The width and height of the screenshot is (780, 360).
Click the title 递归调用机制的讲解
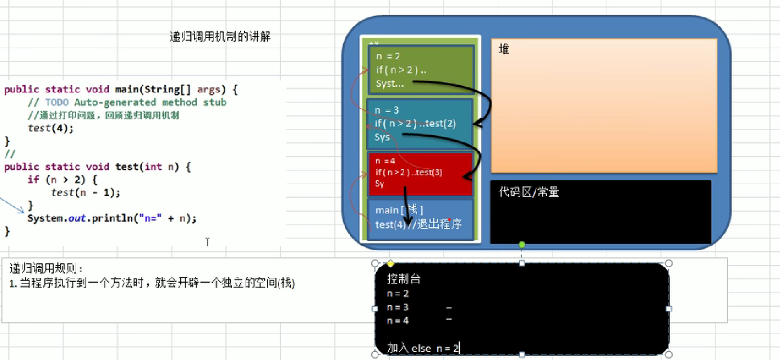tap(220, 36)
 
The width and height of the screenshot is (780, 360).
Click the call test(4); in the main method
tap(51, 128)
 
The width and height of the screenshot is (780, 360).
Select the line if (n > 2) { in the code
tap(62, 180)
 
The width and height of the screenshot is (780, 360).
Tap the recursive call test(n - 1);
tap(85, 193)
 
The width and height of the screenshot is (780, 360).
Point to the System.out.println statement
tap(112, 219)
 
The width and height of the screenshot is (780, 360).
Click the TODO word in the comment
tap(57, 103)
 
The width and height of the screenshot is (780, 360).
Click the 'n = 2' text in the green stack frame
tap(388, 56)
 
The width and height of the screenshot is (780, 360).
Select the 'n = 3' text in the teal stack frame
tap(387, 110)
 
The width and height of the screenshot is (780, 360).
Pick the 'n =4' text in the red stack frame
tap(385, 161)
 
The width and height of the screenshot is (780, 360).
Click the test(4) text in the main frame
tap(390, 224)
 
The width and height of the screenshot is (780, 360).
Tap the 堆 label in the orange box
tap(504, 49)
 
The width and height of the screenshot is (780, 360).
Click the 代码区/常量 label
tap(529, 192)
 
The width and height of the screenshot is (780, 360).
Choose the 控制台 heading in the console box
tap(404, 279)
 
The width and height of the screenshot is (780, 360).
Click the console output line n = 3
tap(398, 308)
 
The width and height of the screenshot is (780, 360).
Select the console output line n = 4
tap(398, 321)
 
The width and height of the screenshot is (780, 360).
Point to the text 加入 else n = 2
tap(423, 348)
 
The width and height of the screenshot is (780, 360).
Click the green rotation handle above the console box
tap(522, 244)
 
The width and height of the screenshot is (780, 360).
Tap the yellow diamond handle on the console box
tap(390, 264)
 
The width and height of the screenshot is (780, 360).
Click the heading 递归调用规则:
tap(46, 269)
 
